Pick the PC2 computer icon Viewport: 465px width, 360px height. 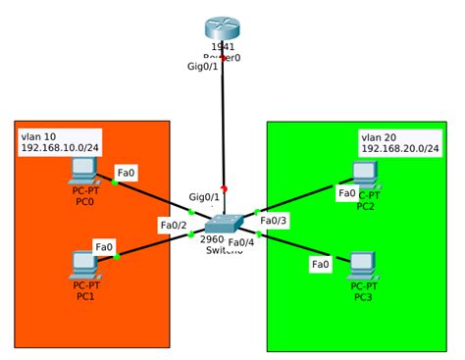tap(365, 175)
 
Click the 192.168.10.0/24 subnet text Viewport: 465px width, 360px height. tap(61, 148)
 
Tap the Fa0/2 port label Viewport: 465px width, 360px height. tap(174, 225)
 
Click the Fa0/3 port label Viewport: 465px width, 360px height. tap(274, 221)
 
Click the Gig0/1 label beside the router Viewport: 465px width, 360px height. tap(203, 67)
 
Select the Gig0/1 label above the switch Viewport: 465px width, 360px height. tap(204, 197)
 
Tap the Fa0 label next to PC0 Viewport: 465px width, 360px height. tap(126, 172)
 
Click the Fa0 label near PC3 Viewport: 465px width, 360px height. tap(321, 264)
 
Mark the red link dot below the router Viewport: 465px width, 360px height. tap(224, 58)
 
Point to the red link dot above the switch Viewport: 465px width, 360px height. tap(225, 188)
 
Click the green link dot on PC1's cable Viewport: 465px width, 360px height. tap(117, 256)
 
